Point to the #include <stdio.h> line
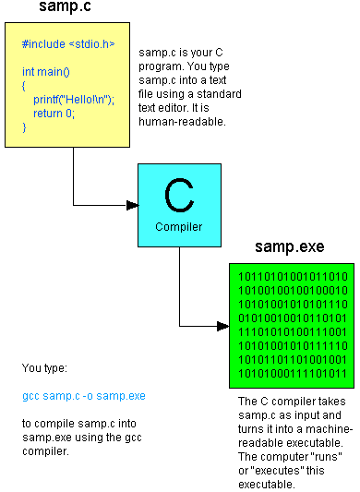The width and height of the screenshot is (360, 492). point(69,43)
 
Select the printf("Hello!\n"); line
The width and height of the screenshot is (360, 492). point(74,99)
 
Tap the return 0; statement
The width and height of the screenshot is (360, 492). point(55,113)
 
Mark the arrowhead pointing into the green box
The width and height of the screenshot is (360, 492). point(222,326)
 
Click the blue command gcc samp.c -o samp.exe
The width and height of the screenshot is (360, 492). point(84,396)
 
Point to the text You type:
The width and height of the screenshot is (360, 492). point(44,368)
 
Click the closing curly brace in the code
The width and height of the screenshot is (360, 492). point(25,126)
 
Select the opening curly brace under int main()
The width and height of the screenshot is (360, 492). point(25,85)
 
